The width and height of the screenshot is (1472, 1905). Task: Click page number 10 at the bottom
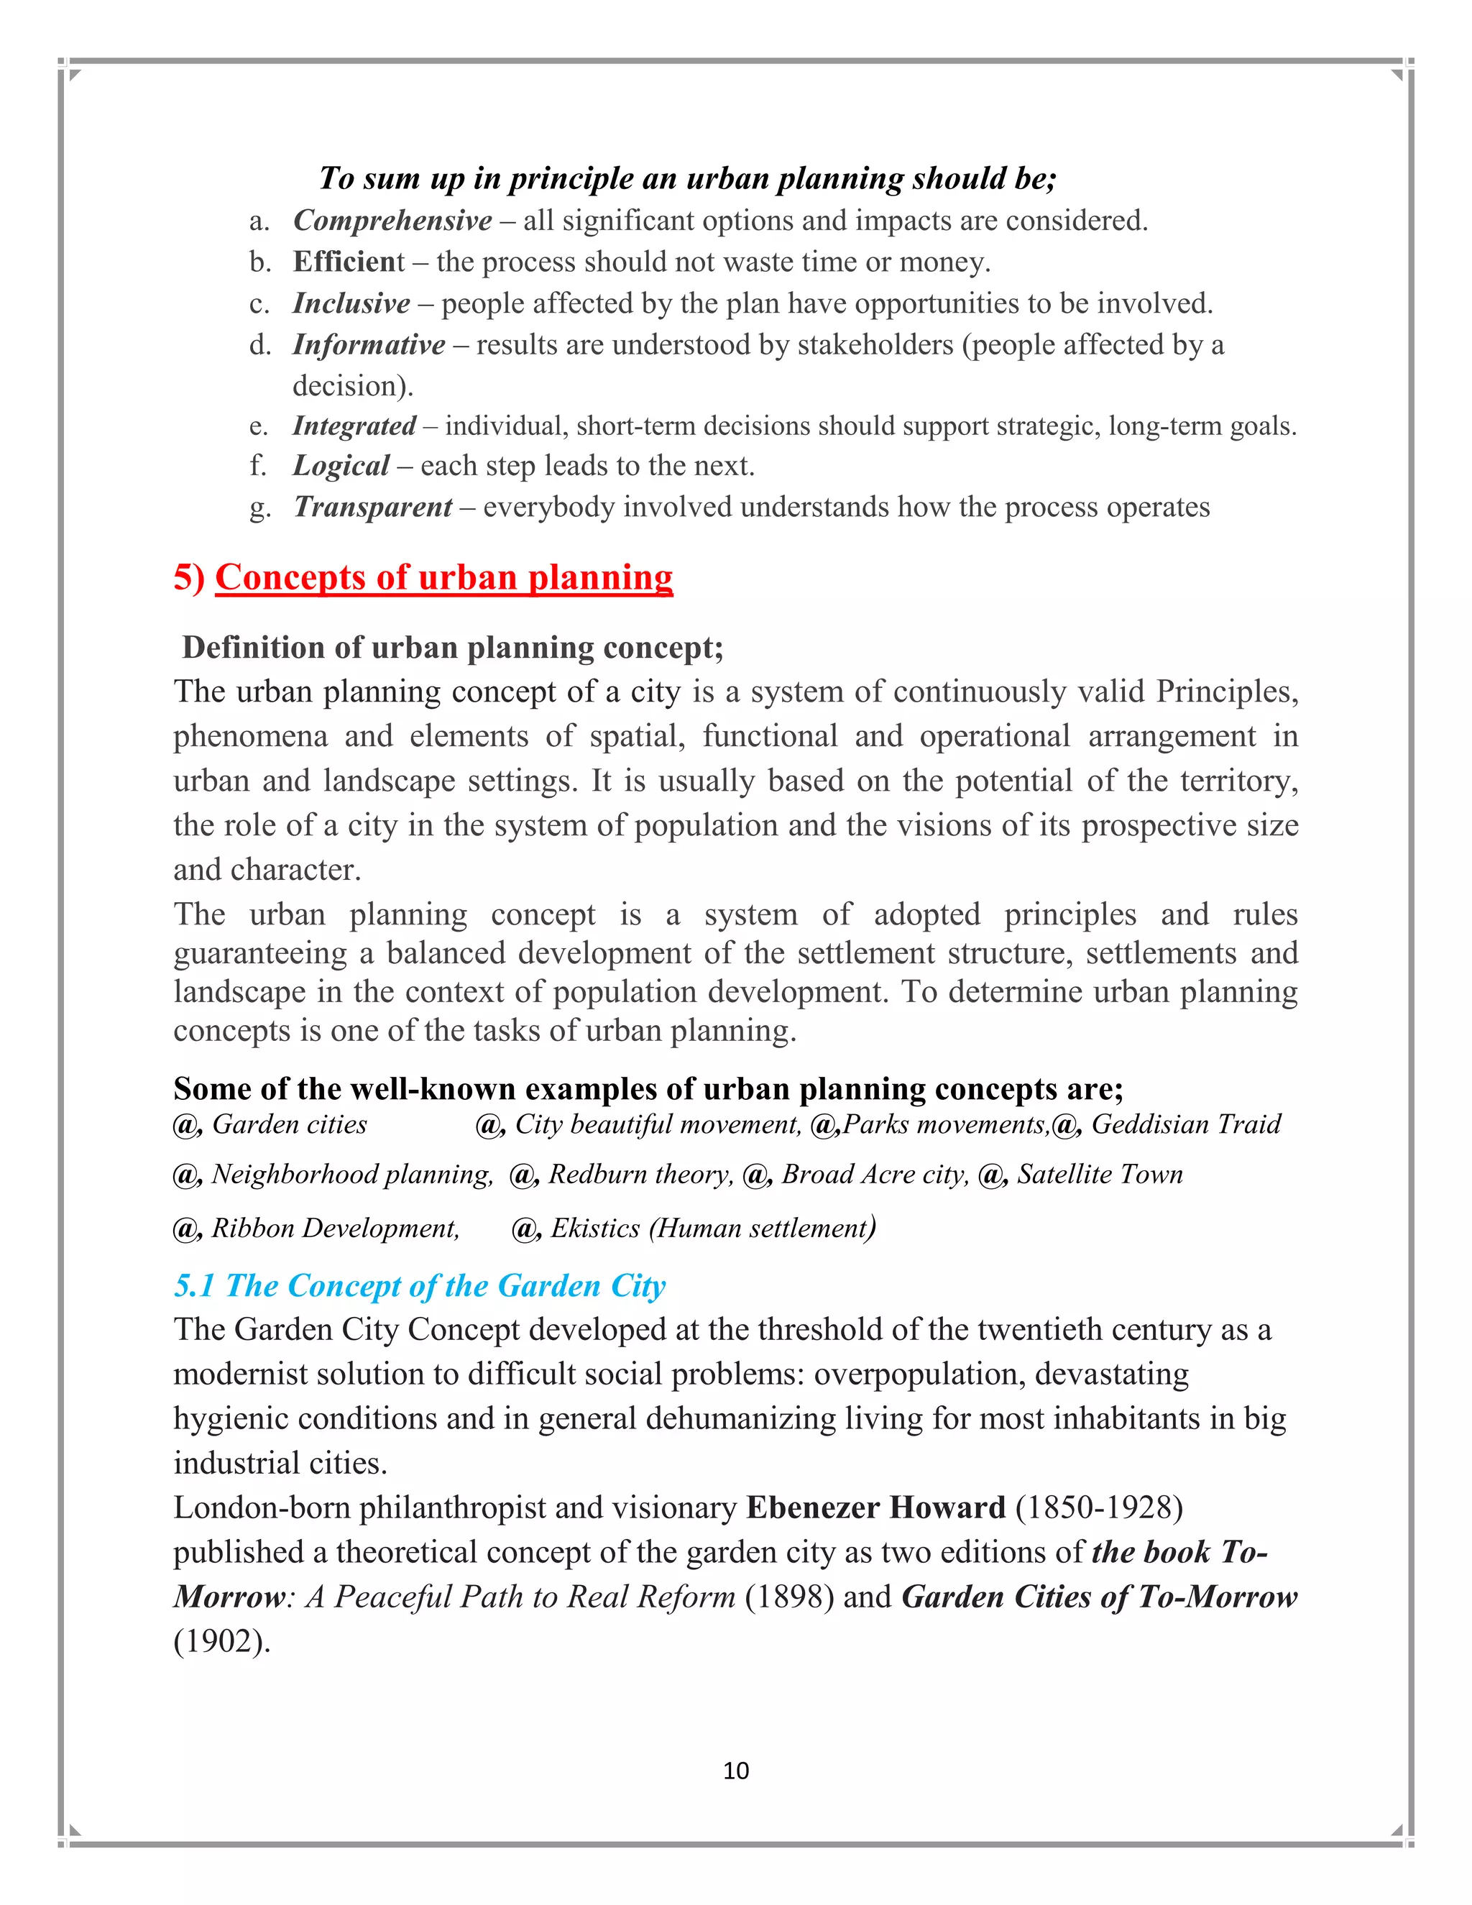736,1770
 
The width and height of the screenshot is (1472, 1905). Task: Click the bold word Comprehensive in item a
392,221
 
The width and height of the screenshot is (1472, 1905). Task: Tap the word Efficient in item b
349,262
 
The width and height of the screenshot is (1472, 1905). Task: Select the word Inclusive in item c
351,303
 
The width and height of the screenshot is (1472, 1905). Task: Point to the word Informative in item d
369,344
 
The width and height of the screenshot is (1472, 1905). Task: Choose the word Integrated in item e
354,426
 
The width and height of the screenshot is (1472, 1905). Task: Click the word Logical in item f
341,466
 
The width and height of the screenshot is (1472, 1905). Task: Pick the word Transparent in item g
373,507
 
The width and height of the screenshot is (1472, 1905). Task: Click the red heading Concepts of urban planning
444,577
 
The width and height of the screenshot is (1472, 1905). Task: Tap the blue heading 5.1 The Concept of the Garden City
420,1286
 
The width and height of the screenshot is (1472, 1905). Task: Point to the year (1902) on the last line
221,1640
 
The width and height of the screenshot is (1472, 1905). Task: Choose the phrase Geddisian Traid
1185,1124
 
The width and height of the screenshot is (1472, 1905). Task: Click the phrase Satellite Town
1099,1175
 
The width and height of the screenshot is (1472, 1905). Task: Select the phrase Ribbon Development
335,1228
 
